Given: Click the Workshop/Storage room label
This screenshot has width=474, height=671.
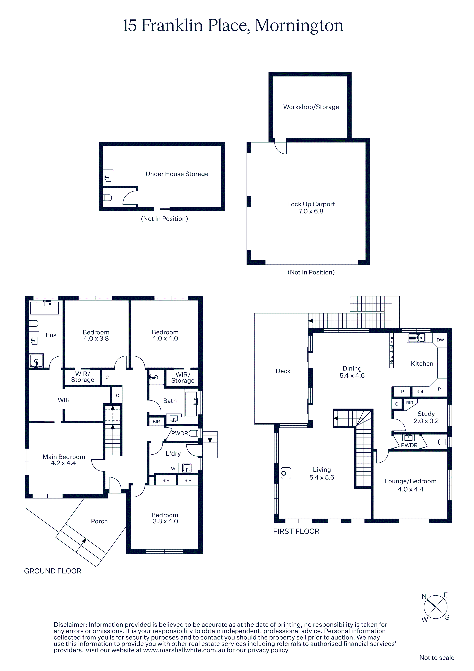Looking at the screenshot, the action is (311, 107).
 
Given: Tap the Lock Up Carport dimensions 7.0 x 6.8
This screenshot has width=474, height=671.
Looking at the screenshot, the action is (311, 211).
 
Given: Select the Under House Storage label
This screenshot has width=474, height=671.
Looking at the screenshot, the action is (177, 174).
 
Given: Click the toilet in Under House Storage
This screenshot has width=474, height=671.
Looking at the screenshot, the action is (107, 198).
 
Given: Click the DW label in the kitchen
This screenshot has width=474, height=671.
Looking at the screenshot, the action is (440, 340).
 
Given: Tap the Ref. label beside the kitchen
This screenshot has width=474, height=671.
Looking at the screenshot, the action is (420, 392).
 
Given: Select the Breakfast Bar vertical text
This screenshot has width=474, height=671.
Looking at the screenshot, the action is (392, 350).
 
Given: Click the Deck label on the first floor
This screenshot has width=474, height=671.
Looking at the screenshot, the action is (283, 371).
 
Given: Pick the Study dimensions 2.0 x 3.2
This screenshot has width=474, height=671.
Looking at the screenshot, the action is (426, 421).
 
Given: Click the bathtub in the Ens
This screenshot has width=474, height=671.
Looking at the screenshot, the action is (44, 308).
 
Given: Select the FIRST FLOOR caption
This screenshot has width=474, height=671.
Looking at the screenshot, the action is (296, 531).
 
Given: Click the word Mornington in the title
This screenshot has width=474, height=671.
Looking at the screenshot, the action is (299, 26).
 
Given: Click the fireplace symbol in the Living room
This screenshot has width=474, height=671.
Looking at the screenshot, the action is (286, 473).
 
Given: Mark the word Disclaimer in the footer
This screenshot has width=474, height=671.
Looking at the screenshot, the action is (70, 625).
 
